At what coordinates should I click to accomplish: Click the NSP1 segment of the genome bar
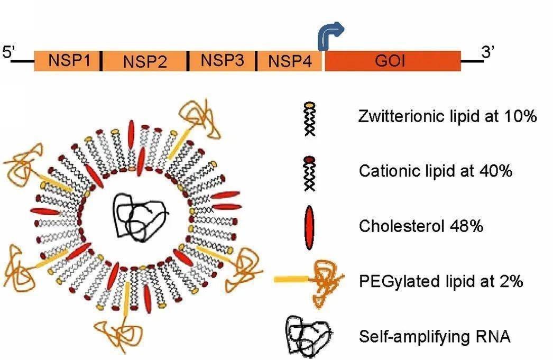tap(67, 61)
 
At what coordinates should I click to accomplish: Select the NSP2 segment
tap(144, 61)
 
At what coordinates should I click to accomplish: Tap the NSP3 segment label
tap(222, 61)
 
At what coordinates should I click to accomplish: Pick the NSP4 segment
tap(289, 61)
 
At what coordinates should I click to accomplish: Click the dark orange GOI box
tap(392, 61)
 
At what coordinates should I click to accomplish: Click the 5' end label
tap(10, 53)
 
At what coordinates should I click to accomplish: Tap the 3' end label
tap(489, 53)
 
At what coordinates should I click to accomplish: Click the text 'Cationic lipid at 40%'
tap(435, 171)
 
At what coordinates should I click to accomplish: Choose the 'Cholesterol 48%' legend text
tap(421, 226)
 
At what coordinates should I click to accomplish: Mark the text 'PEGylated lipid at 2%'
tap(440, 281)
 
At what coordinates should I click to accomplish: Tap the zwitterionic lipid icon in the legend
tap(309, 119)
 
